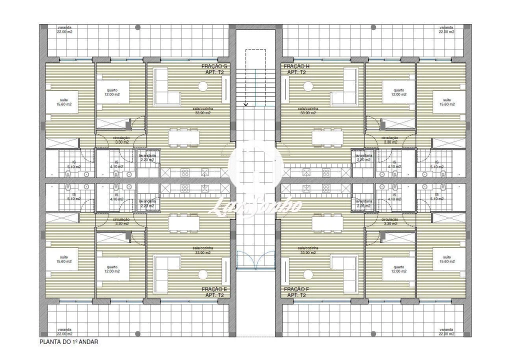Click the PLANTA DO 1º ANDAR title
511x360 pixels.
[x=69, y=342]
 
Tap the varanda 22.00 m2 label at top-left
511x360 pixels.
[x=64, y=29]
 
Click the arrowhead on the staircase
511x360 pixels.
[x=246, y=104]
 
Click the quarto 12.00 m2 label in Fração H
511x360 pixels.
[x=398, y=92]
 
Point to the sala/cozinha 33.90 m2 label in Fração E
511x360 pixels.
[x=203, y=250]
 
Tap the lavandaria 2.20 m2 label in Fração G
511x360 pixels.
[x=147, y=157]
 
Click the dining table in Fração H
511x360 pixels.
[x=327, y=137]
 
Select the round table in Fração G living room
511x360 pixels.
[x=203, y=86]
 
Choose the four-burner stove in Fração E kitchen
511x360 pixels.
[x=184, y=188]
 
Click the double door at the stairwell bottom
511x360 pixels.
[x=255, y=260]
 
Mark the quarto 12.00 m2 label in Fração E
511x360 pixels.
[x=112, y=269]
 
